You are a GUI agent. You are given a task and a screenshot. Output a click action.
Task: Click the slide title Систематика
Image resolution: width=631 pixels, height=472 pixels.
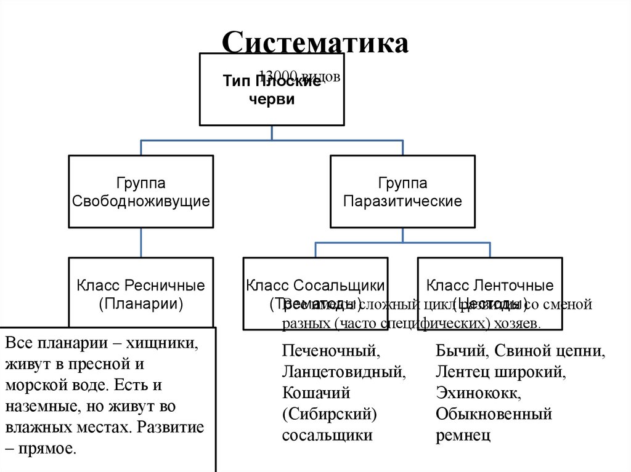315,44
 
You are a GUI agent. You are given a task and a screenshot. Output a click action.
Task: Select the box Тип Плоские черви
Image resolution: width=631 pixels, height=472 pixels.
272,90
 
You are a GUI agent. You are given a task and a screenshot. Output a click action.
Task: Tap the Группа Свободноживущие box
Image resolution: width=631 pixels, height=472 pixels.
141,191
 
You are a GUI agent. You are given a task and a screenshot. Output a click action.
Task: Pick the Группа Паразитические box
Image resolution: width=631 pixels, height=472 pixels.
402,191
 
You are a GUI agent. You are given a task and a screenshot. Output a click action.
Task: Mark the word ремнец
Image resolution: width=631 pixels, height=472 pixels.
463,435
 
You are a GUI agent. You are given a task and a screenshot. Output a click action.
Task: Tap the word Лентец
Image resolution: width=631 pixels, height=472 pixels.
459,372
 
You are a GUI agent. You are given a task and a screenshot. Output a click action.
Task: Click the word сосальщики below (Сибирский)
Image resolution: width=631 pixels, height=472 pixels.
327,435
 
